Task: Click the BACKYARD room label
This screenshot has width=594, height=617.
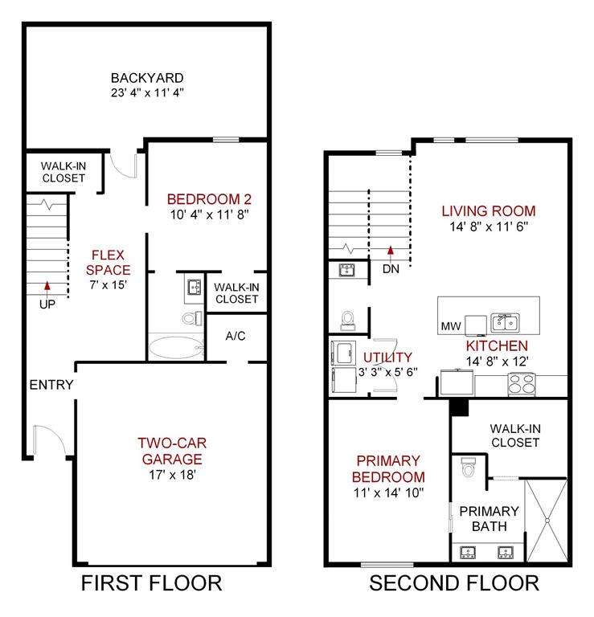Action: pos(147,78)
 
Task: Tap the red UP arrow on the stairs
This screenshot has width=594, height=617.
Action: pos(47,285)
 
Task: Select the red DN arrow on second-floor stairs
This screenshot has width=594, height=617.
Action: pos(391,251)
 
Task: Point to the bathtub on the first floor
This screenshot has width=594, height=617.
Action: pos(175,348)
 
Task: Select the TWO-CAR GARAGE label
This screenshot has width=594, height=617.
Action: pos(169,451)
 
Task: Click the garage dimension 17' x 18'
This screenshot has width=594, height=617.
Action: pos(169,475)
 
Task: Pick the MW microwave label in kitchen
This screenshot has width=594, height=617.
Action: pos(450,327)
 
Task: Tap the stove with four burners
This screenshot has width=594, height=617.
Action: pos(521,385)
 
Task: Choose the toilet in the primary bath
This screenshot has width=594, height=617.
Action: pos(468,468)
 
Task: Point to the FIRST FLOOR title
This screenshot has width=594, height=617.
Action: pos(152,583)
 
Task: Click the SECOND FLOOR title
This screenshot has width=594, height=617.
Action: pos(454,583)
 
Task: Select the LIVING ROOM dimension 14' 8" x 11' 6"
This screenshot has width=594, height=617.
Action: pos(488,227)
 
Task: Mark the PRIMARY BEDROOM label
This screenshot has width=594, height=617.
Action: pos(388,468)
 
